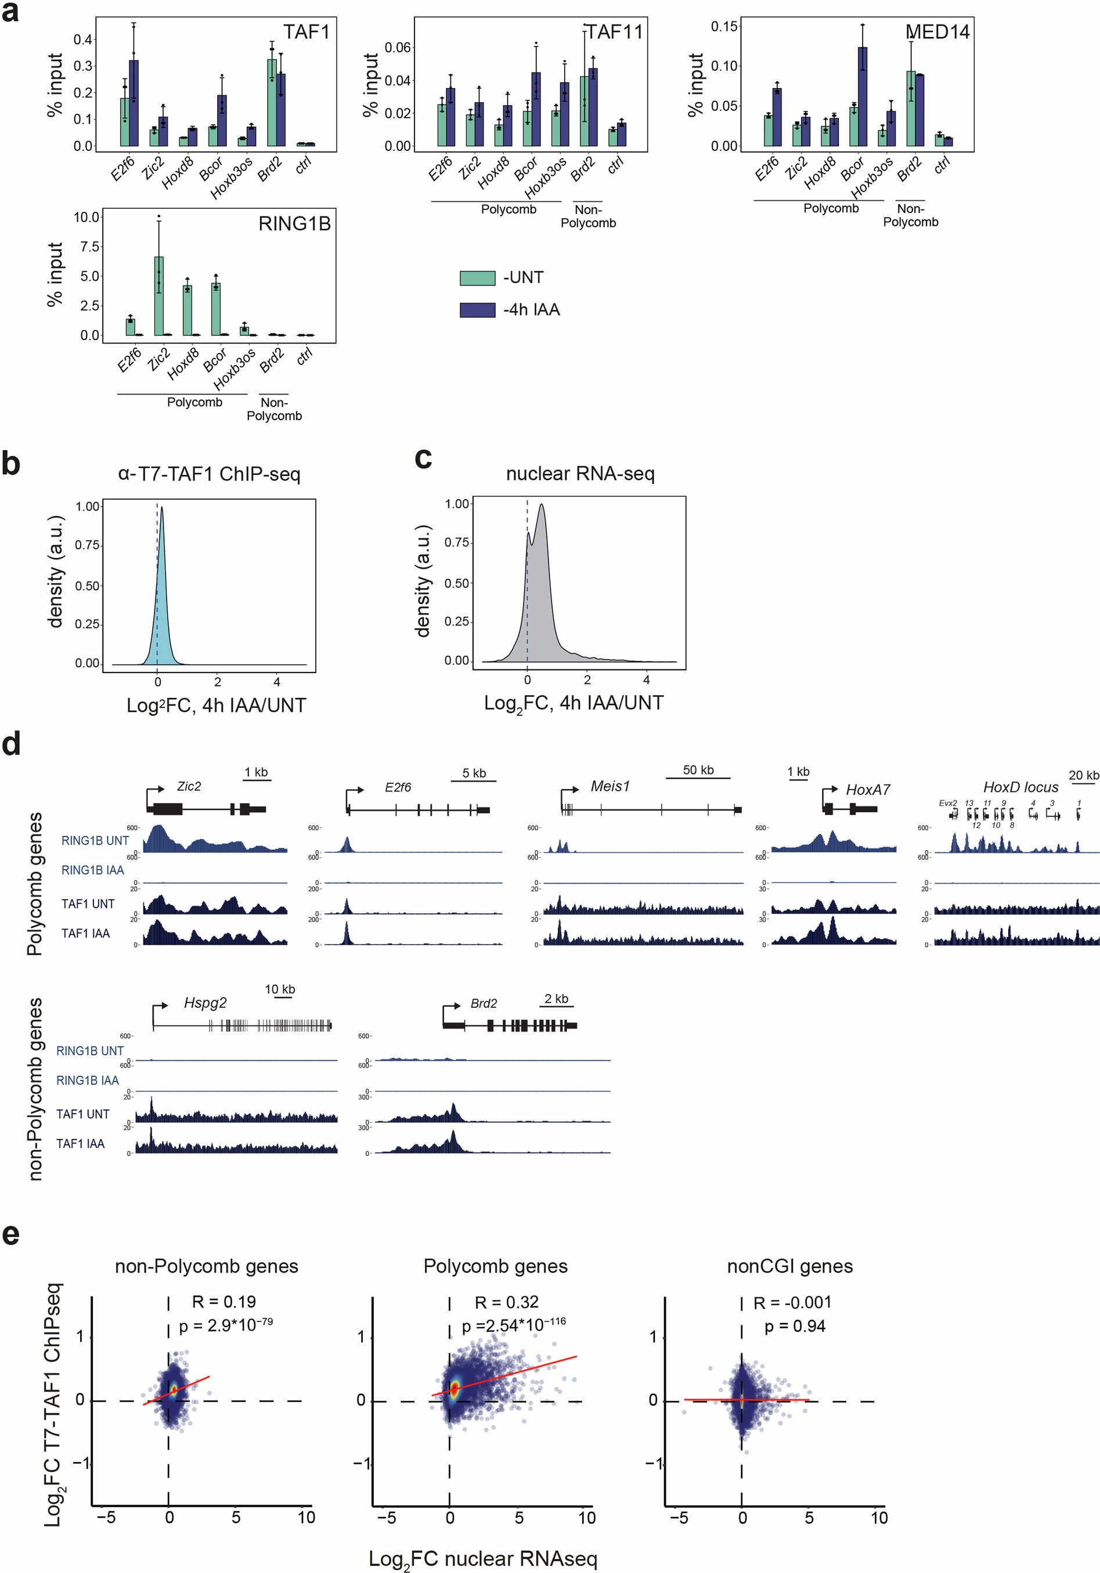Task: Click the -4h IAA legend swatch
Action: point(477,310)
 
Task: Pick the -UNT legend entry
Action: point(523,277)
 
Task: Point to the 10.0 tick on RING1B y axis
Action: point(87,217)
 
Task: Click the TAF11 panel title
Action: point(614,32)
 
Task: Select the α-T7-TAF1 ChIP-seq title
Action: point(209,474)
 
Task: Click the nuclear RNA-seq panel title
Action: point(580,473)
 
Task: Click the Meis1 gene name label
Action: point(610,787)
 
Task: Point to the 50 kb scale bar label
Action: point(698,770)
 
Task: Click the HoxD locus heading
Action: point(1020,787)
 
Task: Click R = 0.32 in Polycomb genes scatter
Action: point(507,1301)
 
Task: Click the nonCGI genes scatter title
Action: point(789,1266)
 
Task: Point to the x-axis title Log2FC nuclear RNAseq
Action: point(482,1558)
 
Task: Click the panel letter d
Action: point(12,744)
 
